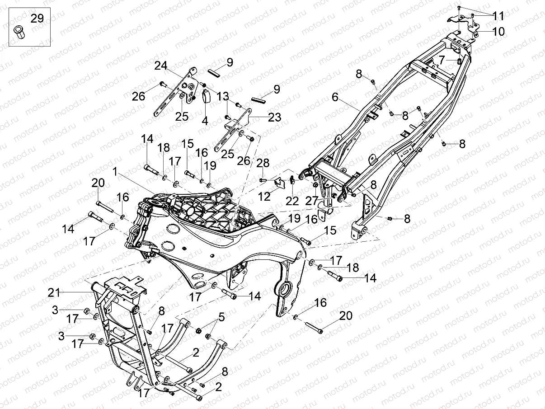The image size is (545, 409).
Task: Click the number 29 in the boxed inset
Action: (x=37, y=19)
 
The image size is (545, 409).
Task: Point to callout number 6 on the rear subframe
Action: (x=335, y=97)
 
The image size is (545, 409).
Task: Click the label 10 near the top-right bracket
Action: (x=498, y=32)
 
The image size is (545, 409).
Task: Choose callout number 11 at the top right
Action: (x=498, y=17)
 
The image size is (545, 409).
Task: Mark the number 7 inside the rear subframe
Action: (x=442, y=59)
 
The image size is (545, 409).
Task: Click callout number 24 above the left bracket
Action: (x=161, y=66)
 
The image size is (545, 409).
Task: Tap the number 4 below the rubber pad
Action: (x=205, y=121)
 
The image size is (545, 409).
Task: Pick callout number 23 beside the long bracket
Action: (x=274, y=118)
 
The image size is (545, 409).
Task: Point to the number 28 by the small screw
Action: (x=263, y=163)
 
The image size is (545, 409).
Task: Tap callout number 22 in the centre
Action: (x=292, y=201)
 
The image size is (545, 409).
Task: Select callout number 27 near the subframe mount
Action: (x=312, y=201)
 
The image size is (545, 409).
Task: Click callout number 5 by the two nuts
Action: (x=221, y=317)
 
